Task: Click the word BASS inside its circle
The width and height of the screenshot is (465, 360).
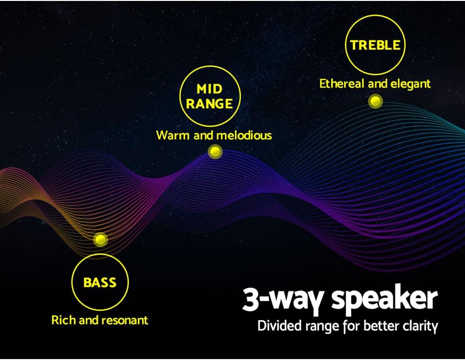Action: tap(100, 282)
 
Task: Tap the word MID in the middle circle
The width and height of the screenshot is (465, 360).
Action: tap(209, 89)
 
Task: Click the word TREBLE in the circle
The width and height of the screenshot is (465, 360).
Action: tap(375, 45)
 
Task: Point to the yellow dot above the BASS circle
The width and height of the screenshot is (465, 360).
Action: tap(100, 240)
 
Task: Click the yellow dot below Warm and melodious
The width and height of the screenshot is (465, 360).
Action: tap(215, 151)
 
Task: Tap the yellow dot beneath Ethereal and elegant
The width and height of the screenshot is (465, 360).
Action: tap(375, 101)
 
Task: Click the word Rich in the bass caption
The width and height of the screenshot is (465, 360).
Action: tap(63, 320)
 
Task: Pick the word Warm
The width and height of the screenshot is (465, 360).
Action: tap(171, 136)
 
